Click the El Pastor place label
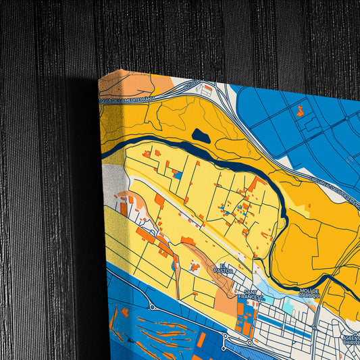(222, 267)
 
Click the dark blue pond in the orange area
(201, 135)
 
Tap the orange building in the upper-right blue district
(300, 111)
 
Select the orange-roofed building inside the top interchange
(209, 88)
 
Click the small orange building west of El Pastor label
(195, 267)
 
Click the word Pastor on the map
(223, 270)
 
